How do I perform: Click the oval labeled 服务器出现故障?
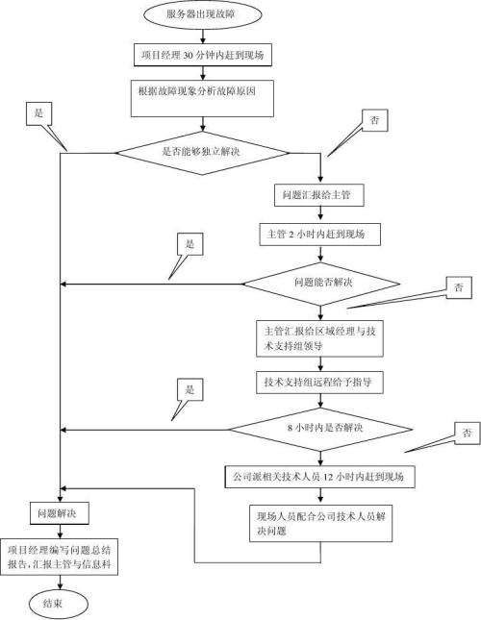point(202,16)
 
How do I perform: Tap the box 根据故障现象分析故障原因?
point(202,93)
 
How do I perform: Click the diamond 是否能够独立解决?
point(202,150)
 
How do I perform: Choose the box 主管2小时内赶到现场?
point(320,234)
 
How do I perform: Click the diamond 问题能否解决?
point(320,283)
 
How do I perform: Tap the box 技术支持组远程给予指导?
point(320,382)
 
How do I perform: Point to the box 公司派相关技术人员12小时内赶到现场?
point(320,475)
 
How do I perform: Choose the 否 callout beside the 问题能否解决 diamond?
point(458,287)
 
